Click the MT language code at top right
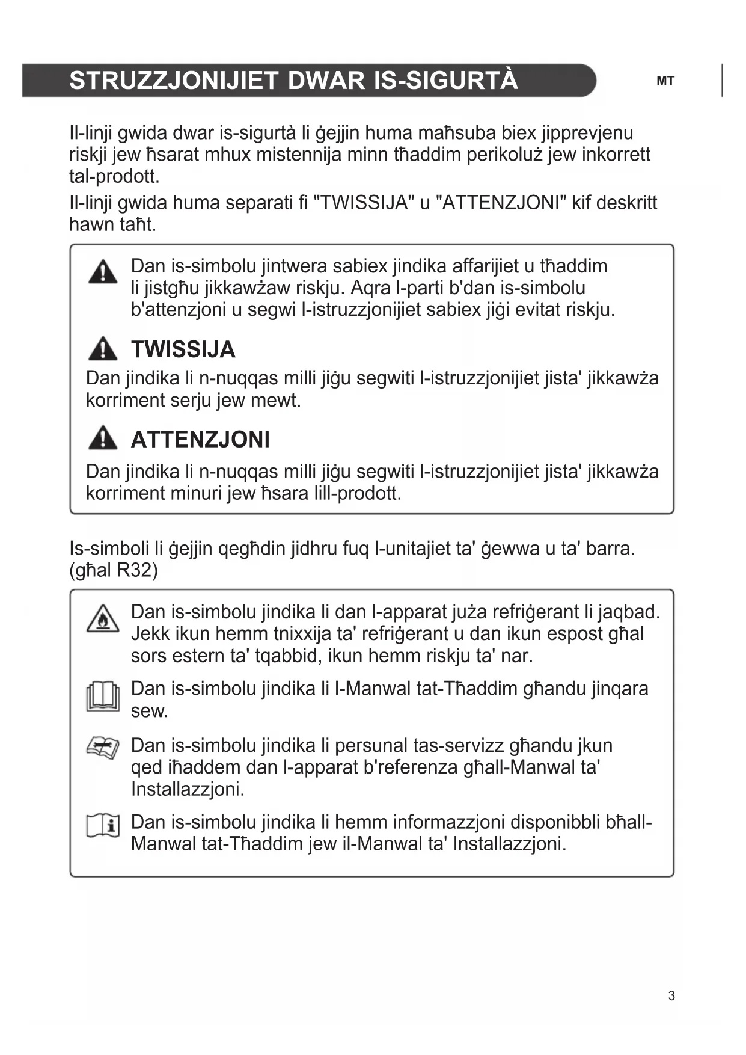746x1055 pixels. [x=665, y=81]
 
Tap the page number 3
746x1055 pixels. [x=671, y=995]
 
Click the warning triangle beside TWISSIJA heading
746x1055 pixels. [x=103, y=349]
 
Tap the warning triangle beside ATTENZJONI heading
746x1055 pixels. [x=103, y=438]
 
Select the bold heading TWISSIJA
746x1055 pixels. [x=183, y=349]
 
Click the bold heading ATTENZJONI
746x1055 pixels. [x=200, y=439]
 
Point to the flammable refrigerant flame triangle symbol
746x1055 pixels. [x=103, y=619]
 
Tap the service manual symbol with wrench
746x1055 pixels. [x=103, y=748]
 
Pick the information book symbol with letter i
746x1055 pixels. [x=103, y=825]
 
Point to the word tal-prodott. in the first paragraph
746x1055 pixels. [x=114, y=176]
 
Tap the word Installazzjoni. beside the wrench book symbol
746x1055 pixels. [x=188, y=789]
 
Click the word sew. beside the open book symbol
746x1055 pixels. [x=149, y=711]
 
